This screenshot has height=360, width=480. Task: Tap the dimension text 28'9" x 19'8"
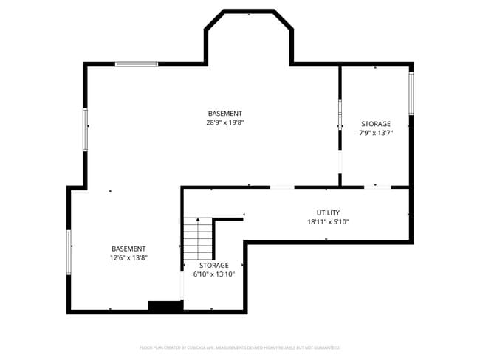[225, 123]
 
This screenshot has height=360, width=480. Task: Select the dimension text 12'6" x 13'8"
[128, 258]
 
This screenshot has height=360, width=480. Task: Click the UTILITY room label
[328, 212]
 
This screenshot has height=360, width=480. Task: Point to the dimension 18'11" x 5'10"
[328, 221]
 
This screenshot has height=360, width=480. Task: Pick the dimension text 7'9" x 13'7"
[375, 134]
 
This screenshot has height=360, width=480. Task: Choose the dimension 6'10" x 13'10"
[213, 274]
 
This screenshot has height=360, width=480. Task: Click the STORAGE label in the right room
[375, 124]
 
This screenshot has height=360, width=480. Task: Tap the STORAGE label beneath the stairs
[213, 265]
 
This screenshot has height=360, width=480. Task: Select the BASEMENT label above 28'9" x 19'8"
[225, 114]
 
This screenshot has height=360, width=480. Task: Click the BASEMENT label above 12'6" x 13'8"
[128, 249]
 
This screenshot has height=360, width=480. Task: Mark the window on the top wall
[137, 64]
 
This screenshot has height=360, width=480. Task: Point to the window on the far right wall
[411, 93]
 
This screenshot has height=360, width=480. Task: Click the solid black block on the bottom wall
[165, 305]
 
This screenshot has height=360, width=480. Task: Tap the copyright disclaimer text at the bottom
[239, 347]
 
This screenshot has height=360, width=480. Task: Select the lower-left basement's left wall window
[69, 252]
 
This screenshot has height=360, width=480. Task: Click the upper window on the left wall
[85, 129]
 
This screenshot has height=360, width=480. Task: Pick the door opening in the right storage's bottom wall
[377, 187]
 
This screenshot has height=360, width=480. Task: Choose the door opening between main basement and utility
[282, 187]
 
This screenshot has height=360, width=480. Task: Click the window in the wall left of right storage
[340, 114]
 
